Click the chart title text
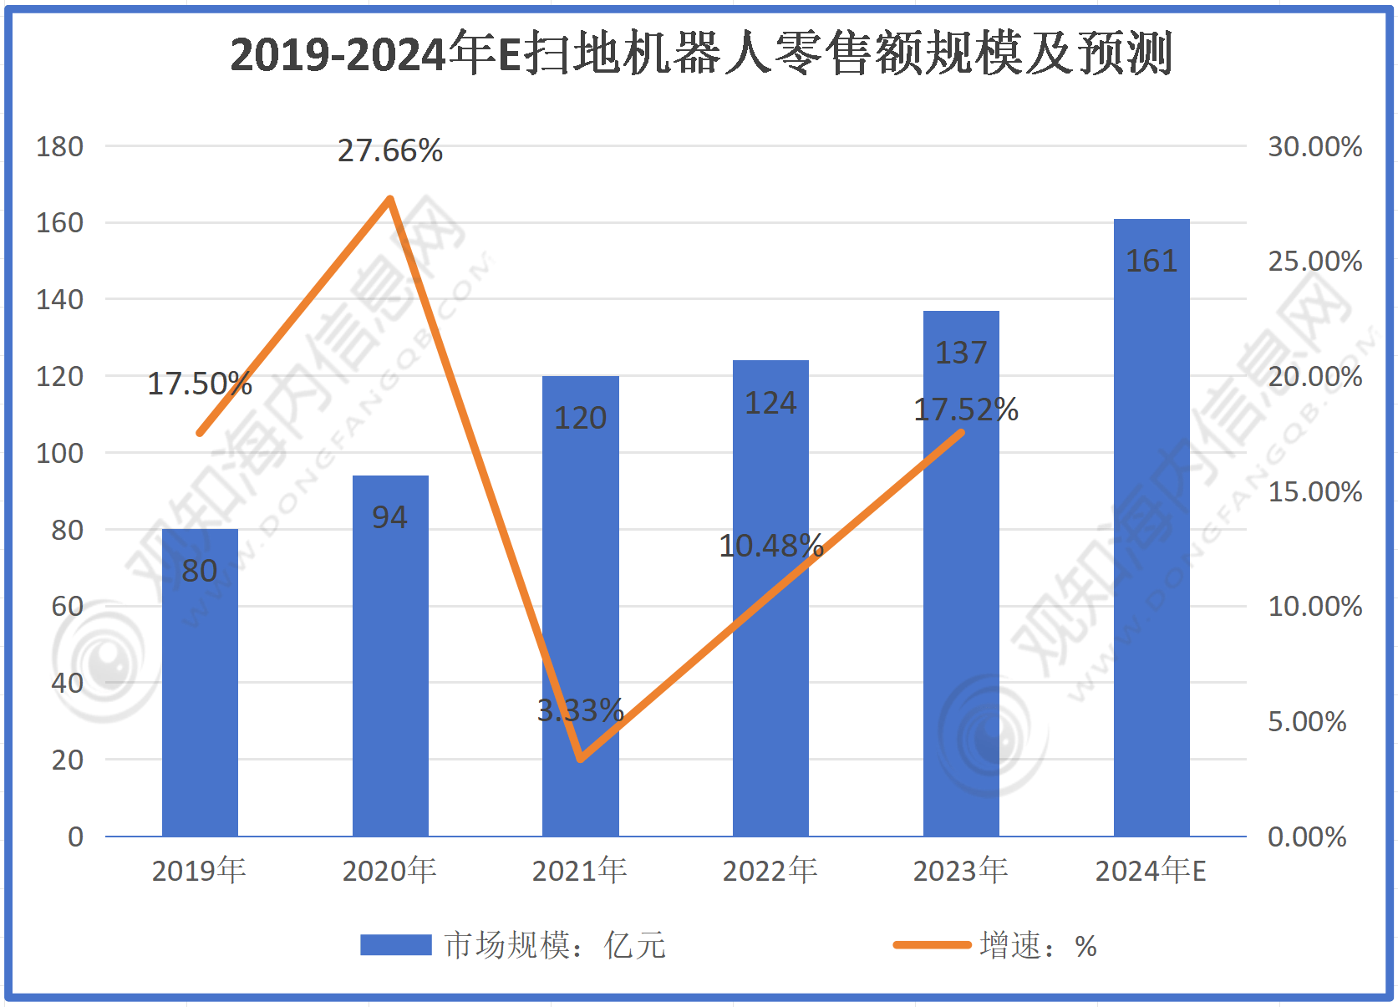click(700, 54)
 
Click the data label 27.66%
click(390, 150)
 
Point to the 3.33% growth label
click(580, 710)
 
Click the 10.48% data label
click(770, 546)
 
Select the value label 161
click(1151, 262)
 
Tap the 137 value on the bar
click(961, 353)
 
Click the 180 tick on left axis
click(59, 147)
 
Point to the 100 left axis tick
click(59, 454)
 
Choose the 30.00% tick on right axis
click(1314, 147)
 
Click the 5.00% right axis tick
click(1307, 722)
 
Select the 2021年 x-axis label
click(580, 871)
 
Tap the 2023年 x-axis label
click(961, 871)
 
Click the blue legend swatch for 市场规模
click(395, 945)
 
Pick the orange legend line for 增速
click(932, 945)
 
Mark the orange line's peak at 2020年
click(390, 199)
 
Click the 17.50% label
click(200, 384)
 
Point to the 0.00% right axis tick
click(1307, 837)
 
